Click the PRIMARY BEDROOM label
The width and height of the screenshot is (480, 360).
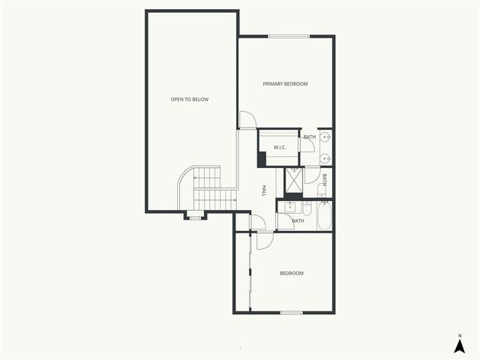coord(285,84)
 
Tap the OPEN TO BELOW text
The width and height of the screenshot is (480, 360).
coord(190,99)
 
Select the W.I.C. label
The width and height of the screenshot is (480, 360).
coord(280,147)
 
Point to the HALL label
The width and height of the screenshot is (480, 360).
coord(264,190)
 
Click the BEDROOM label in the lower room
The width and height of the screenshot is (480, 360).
coord(292,273)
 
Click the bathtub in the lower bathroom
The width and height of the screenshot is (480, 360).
coord(324,216)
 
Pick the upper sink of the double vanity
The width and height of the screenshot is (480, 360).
coord(325,138)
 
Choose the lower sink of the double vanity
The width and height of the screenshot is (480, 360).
coord(325,158)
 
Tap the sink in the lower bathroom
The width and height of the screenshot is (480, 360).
coord(289,206)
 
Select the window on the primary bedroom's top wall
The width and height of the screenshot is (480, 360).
coord(289,36)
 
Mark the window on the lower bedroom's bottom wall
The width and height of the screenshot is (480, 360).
coord(291,312)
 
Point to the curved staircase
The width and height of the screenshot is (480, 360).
coord(205,189)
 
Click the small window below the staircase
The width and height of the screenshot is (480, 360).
coord(195,217)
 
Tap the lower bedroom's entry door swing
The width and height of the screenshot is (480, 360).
coord(265,240)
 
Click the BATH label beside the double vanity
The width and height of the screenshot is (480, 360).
coord(309,136)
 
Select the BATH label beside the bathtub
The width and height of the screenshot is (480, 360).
coord(298,220)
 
